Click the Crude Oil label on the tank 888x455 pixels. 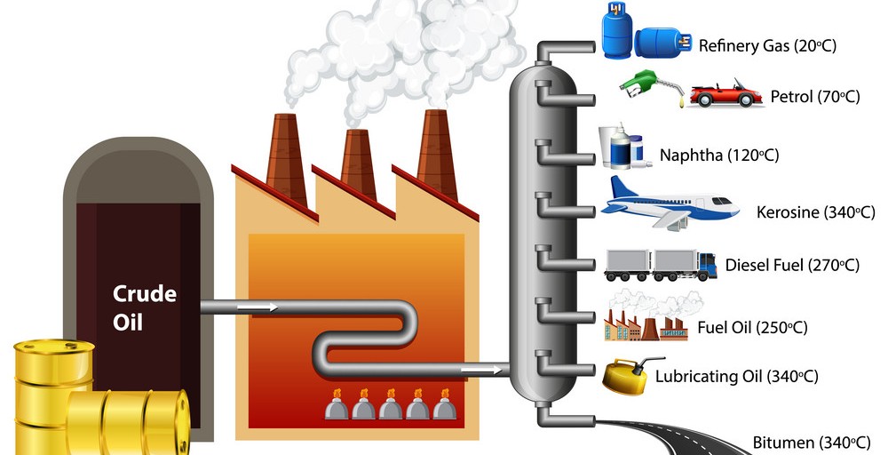click(x=145, y=307)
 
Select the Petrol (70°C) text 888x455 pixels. click(x=815, y=97)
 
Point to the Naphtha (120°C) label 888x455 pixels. click(x=718, y=156)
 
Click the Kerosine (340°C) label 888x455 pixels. click(x=815, y=212)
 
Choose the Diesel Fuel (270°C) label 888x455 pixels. click(x=792, y=265)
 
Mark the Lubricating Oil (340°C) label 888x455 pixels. click(x=749, y=376)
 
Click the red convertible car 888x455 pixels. click(x=725, y=94)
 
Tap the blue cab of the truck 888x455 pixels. click(x=708, y=263)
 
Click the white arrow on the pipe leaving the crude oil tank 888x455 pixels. click(x=262, y=307)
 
